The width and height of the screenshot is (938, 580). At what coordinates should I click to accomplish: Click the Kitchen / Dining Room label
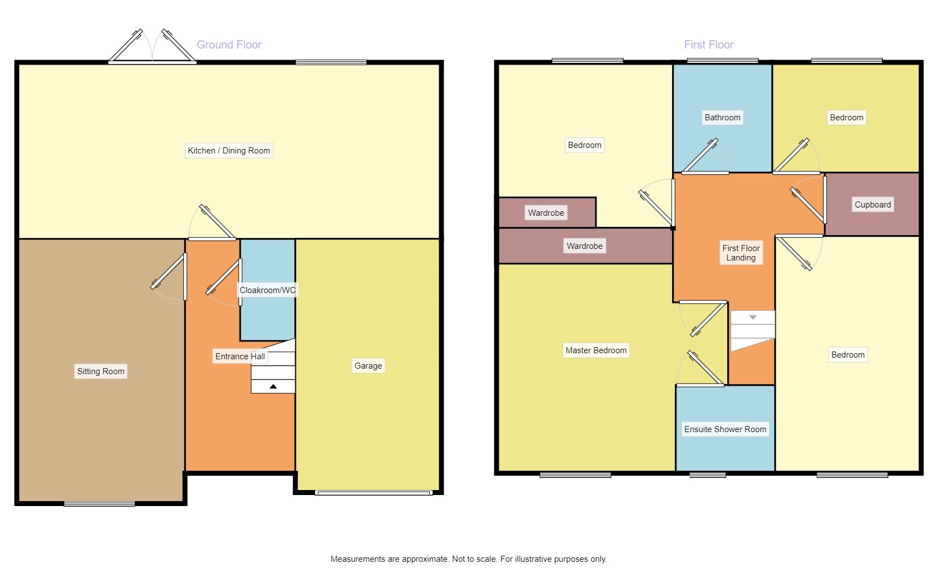pos(229,151)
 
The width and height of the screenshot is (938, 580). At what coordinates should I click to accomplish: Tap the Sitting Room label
pos(101,371)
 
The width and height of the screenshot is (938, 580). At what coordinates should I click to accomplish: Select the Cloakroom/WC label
pos(268,290)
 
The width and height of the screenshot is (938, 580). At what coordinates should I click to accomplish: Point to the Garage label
pos(368,366)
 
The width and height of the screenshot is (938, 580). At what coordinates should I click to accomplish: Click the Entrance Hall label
pos(240,356)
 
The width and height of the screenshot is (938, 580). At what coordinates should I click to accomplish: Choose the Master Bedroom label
pos(596,350)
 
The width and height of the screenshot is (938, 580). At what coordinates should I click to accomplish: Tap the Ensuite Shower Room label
pos(725,429)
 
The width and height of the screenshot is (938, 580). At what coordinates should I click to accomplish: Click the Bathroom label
pos(722,118)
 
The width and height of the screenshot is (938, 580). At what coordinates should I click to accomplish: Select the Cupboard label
pos(872,205)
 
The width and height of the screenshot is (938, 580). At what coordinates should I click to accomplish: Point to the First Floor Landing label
pos(741,253)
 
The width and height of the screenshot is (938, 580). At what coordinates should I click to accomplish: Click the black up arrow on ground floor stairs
pos(273,387)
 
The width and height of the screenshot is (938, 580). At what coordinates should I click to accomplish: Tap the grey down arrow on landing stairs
pos(753,317)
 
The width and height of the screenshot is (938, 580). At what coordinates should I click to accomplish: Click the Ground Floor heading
pos(229,45)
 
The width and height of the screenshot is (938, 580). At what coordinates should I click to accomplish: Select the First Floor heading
pos(708,45)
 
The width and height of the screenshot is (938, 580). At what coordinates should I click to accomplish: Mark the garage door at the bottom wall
pos(373,492)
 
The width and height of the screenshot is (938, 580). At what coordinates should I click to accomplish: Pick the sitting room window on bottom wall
pos(99,503)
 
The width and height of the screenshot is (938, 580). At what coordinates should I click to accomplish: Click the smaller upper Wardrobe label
pos(546,213)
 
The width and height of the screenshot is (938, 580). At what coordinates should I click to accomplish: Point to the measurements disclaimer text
pos(468,559)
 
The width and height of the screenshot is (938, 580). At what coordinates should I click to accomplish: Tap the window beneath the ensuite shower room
pos(707,475)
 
